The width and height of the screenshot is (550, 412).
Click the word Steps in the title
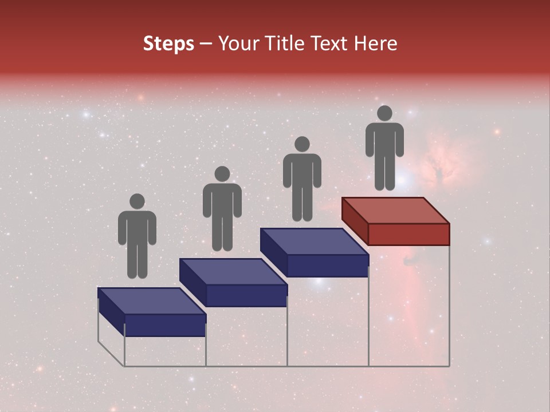click(x=168, y=43)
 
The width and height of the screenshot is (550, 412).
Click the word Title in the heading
click(x=286, y=43)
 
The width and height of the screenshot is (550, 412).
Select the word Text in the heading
click(x=331, y=43)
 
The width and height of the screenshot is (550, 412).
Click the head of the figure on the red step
click(x=384, y=113)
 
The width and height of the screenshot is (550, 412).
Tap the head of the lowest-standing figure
click(x=137, y=201)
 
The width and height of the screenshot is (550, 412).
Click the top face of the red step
click(x=395, y=210)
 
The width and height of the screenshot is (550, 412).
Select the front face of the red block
click(x=408, y=234)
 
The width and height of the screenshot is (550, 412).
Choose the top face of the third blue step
click(x=314, y=241)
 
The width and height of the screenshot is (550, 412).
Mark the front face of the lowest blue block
click(x=165, y=325)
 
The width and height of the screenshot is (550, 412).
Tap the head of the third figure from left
click(x=302, y=144)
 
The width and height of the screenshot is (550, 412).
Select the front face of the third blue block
click(x=327, y=266)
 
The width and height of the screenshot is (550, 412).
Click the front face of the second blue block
click(x=246, y=295)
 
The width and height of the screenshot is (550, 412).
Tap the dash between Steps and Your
click(x=206, y=44)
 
